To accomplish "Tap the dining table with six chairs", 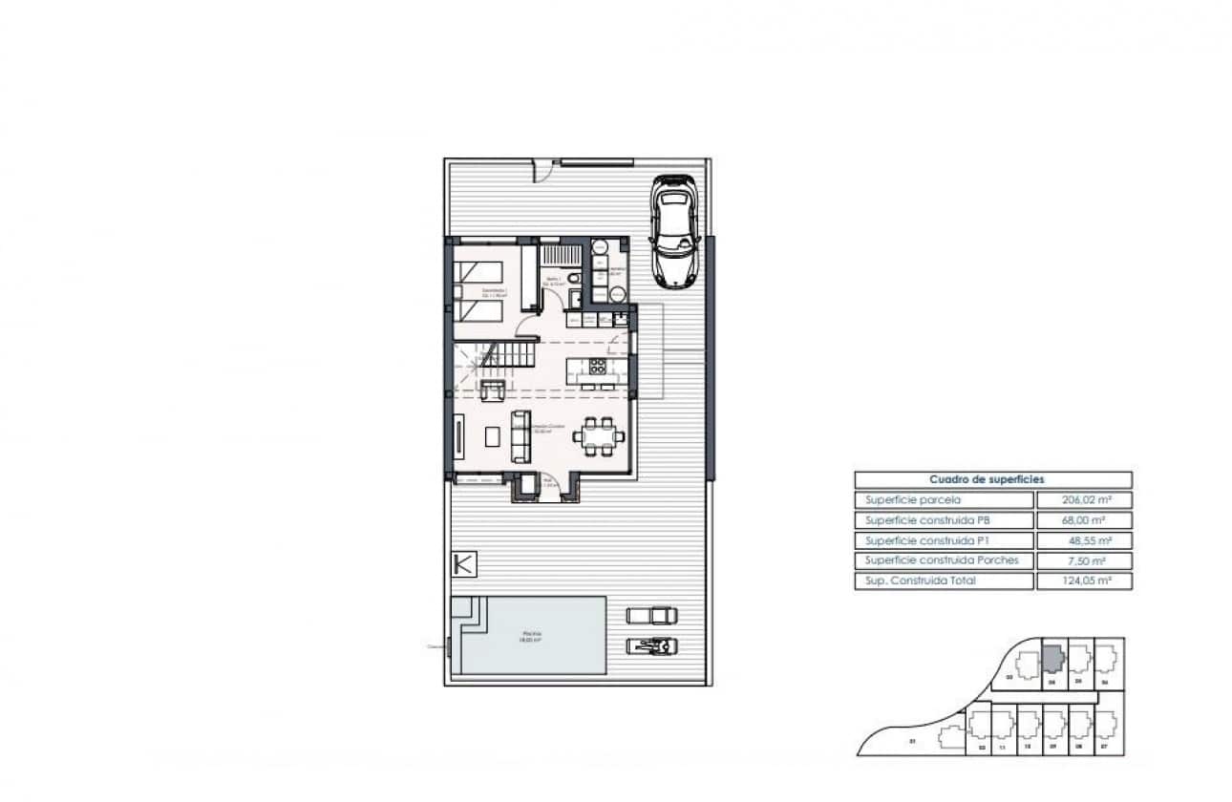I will tap(599, 436).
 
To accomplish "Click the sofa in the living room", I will tap(521, 436).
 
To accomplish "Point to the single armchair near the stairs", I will tap(493, 390).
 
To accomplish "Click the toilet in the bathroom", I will tap(572, 279).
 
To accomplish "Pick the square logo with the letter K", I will tap(463, 564).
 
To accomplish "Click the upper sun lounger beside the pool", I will tap(651, 615).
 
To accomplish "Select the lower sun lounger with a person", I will tap(651, 645).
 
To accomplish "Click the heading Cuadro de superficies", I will tap(992, 479).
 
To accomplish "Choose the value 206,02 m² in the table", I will tap(1083, 499).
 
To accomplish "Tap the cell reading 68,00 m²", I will tap(1083, 520).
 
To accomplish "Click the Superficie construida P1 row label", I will tap(944, 540).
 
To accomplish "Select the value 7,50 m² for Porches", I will tap(1083, 560).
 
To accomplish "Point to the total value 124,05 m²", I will tap(1083, 580).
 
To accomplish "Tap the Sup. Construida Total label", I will tap(944, 580).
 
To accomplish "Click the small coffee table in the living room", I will tap(492, 436).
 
